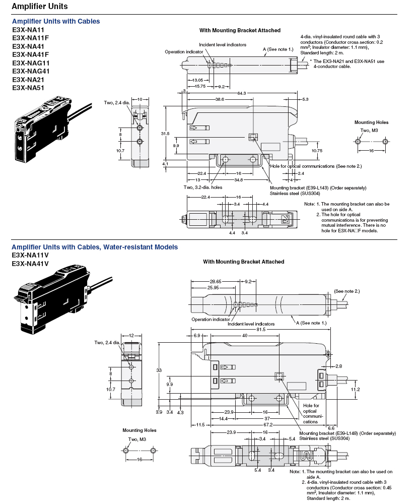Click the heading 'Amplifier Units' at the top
pos(39,7)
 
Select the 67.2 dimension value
pos(269,425)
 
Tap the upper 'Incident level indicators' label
pos(223,44)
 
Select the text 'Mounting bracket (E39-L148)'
pos(347,433)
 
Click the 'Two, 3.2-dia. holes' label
pos(203,187)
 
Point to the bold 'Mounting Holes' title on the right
pos(371,122)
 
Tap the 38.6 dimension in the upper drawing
pos(220,100)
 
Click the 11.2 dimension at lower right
pos(355,389)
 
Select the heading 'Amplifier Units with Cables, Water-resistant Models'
pos(94,247)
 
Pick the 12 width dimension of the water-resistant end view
pos(131,335)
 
